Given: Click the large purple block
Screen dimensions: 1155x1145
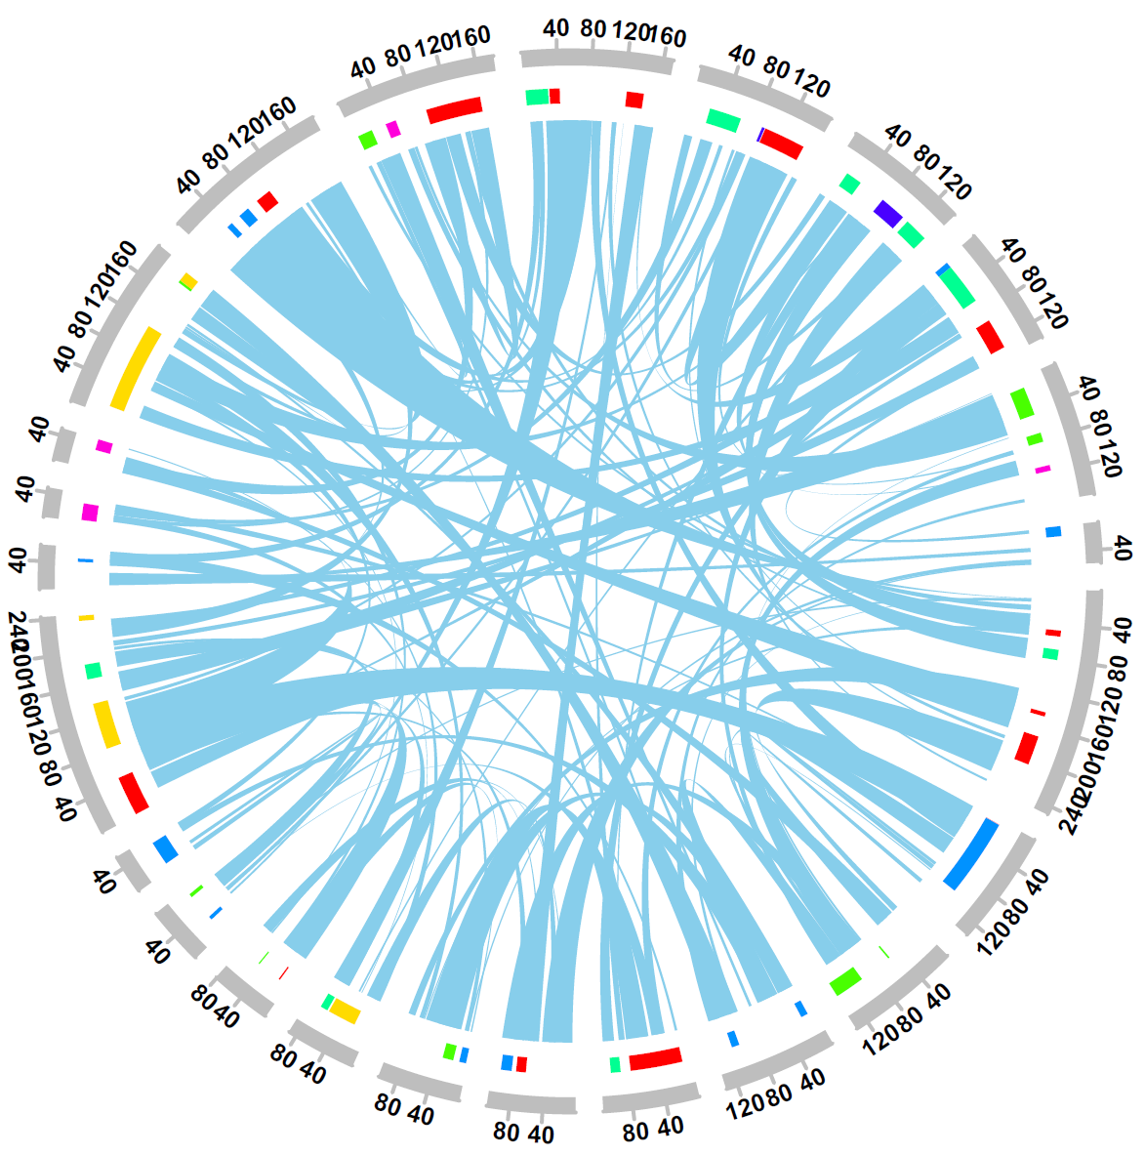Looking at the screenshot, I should pos(887,213).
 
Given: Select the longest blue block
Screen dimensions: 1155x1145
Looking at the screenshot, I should pos(971,853).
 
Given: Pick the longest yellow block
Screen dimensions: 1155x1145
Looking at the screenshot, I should pos(136,368).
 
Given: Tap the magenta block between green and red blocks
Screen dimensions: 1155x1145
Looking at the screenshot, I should pos(393,129).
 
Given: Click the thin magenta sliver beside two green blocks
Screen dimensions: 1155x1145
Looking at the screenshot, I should pos(1043,470).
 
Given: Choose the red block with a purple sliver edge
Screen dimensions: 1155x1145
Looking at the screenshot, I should pos(781,144).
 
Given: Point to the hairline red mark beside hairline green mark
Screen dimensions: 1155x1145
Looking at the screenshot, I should pos(283,972).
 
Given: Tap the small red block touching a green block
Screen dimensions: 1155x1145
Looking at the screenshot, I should pos(554,96).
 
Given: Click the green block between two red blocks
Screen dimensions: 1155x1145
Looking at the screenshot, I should pos(1050,653).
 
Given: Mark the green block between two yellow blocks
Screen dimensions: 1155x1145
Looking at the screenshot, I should pos(94,671).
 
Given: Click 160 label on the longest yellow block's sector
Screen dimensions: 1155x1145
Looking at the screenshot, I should pos(124,262).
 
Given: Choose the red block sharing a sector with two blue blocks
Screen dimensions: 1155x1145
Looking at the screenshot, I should pos(267,202).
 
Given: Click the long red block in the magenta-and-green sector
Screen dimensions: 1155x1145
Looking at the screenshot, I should pos(455,109).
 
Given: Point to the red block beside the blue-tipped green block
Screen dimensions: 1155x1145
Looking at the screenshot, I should pos(990,337).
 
